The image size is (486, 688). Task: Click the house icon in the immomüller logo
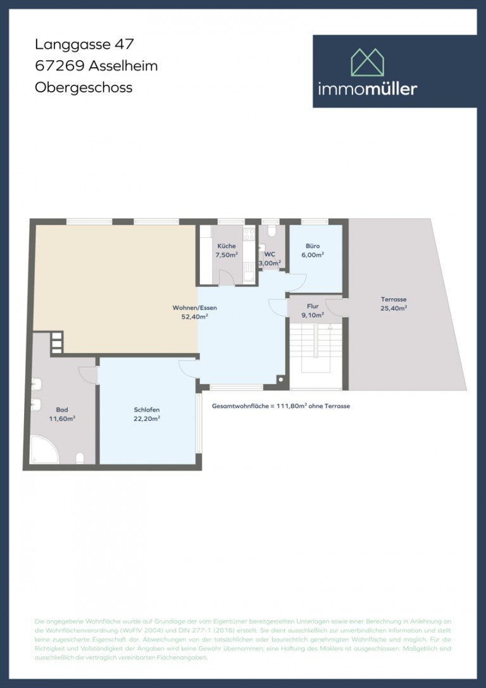point(368,62)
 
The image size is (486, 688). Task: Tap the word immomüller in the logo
point(368,89)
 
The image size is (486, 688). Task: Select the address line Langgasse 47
point(84,44)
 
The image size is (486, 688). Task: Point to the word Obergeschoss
point(84,87)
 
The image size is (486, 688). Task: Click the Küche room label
point(227,246)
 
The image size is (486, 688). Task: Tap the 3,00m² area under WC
point(270,263)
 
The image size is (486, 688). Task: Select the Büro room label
point(313,246)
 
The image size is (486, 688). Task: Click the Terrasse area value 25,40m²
point(394,308)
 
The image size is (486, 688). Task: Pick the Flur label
point(313,305)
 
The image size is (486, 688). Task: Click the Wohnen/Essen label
point(190,308)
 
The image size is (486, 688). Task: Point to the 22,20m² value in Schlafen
point(146,418)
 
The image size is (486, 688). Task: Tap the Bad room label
point(61,410)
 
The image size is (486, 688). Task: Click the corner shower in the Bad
point(43,451)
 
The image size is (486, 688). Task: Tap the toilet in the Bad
point(80,457)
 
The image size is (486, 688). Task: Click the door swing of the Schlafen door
point(187,367)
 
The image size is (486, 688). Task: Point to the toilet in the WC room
point(270,232)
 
